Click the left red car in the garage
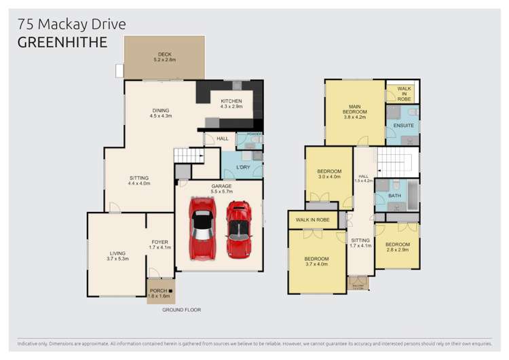[202, 229]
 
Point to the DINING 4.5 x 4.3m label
[161, 113]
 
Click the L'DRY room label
[243, 167]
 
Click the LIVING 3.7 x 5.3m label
[117, 257]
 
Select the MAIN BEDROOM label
[354, 111]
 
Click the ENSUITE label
[402, 126]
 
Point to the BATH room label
[396, 197]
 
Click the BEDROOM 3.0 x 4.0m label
[329, 175]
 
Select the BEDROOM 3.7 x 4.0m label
[316, 262]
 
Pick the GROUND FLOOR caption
[181, 310]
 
